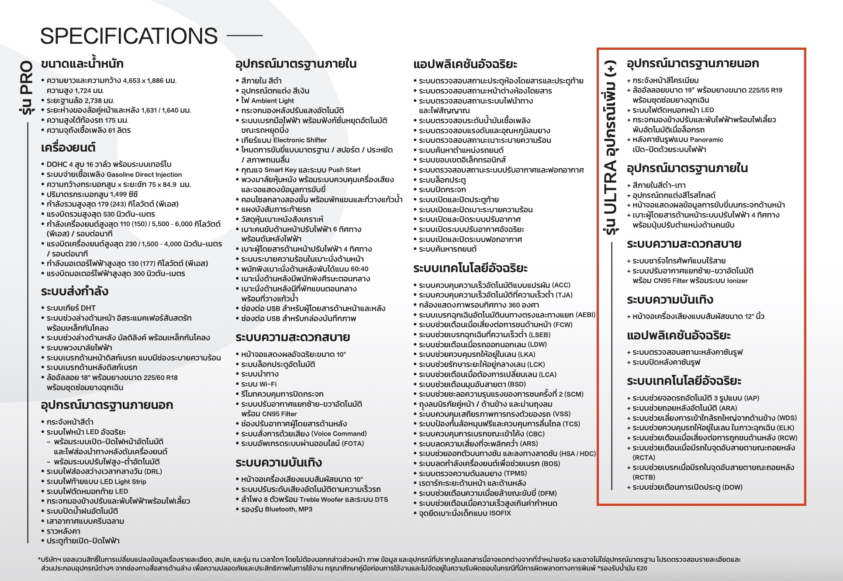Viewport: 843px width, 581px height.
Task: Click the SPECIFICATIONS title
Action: pyautogui.click(x=129, y=36)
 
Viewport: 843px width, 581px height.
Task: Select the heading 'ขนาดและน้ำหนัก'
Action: pyautogui.click(x=82, y=64)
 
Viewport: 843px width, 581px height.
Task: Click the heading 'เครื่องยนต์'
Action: pyautogui.click(x=68, y=148)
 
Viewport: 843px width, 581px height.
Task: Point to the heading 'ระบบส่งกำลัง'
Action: pyautogui.click(x=75, y=291)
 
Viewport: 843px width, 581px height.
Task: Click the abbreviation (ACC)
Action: pyautogui.click(x=561, y=285)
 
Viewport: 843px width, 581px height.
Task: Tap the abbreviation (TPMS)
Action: pyautogui.click(x=515, y=474)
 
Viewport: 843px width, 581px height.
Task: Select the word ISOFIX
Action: pyautogui.click(x=500, y=513)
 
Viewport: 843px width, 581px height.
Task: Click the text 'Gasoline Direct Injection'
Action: pyautogui.click(x=144, y=175)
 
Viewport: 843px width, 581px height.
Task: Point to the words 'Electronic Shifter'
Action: pyautogui.click(x=300, y=140)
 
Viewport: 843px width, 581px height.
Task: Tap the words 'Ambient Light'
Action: pyautogui.click(x=273, y=101)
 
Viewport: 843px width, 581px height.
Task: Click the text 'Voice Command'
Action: pyautogui.click(x=339, y=434)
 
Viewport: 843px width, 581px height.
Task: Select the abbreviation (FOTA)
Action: pyautogui.click(x=352, y=444)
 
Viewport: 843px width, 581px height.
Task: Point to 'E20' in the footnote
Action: pyautogui.click(x=642, y=568)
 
